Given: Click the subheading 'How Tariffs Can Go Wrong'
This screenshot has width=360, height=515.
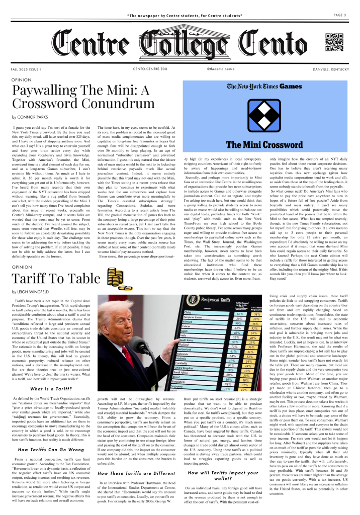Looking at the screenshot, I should click(50, 449).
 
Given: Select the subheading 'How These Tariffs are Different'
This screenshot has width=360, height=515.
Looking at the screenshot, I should click(135, 459).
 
